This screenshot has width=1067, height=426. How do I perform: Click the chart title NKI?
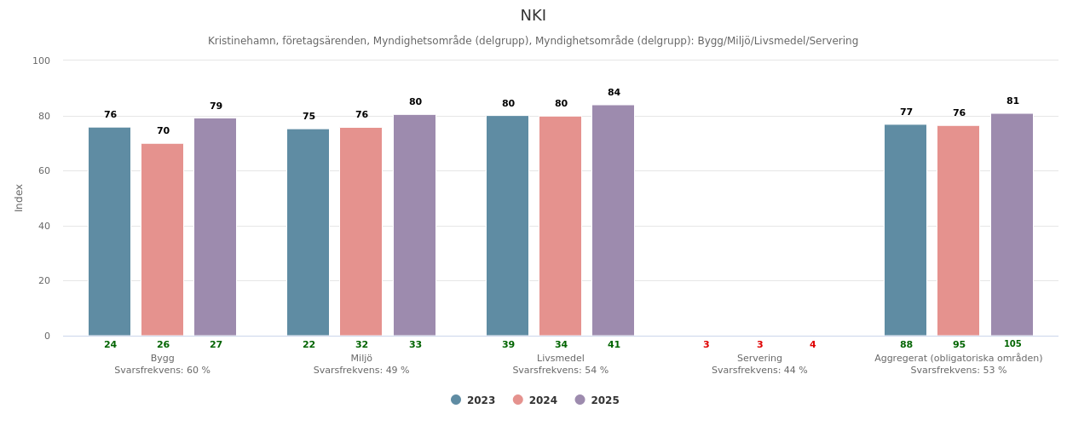(x=533, y=16)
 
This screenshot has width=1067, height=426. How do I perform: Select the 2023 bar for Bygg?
(x=109, y=232)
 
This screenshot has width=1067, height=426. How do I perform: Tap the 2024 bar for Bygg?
(x=162, y=239)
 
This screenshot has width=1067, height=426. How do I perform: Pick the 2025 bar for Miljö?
(x=414, y=225)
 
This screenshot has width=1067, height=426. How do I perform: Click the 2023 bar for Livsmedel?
(x=507, y=226)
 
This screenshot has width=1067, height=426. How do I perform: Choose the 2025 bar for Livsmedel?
(x=613, y=221)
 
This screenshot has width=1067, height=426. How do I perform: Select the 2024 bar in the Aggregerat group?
(x=958, y=231)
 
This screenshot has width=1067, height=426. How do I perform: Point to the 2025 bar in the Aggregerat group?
(x=1012, y=225)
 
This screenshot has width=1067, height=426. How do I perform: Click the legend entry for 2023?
(x=473, y=400)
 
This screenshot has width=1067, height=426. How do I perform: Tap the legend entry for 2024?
(x=535, y=400)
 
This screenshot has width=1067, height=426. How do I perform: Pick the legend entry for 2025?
(x=597, y=400)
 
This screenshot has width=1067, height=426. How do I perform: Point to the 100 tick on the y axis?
(x=42, y=60)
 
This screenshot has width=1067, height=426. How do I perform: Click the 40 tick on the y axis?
(x=44, y=226)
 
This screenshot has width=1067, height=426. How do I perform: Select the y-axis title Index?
(x=20, y=198)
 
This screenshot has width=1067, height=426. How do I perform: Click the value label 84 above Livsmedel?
(x=614, y=93)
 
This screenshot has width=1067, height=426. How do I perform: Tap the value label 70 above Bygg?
(x=163, y=131)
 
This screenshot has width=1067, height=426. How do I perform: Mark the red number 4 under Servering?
(x=812, y=345)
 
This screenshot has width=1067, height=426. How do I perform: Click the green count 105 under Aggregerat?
(x=1012, y=344)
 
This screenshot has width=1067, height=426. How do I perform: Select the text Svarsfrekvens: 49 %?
(x=361, y=371)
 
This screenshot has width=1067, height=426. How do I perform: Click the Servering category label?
(x=759, y=359)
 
